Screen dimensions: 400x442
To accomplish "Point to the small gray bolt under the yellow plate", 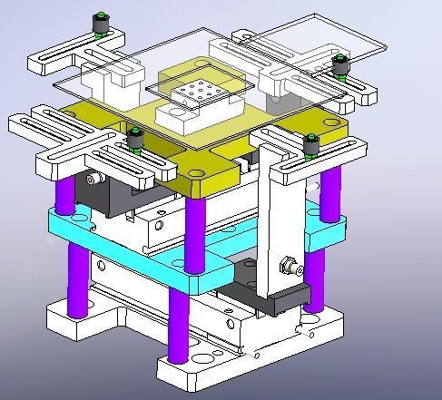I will tap(91, 180).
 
